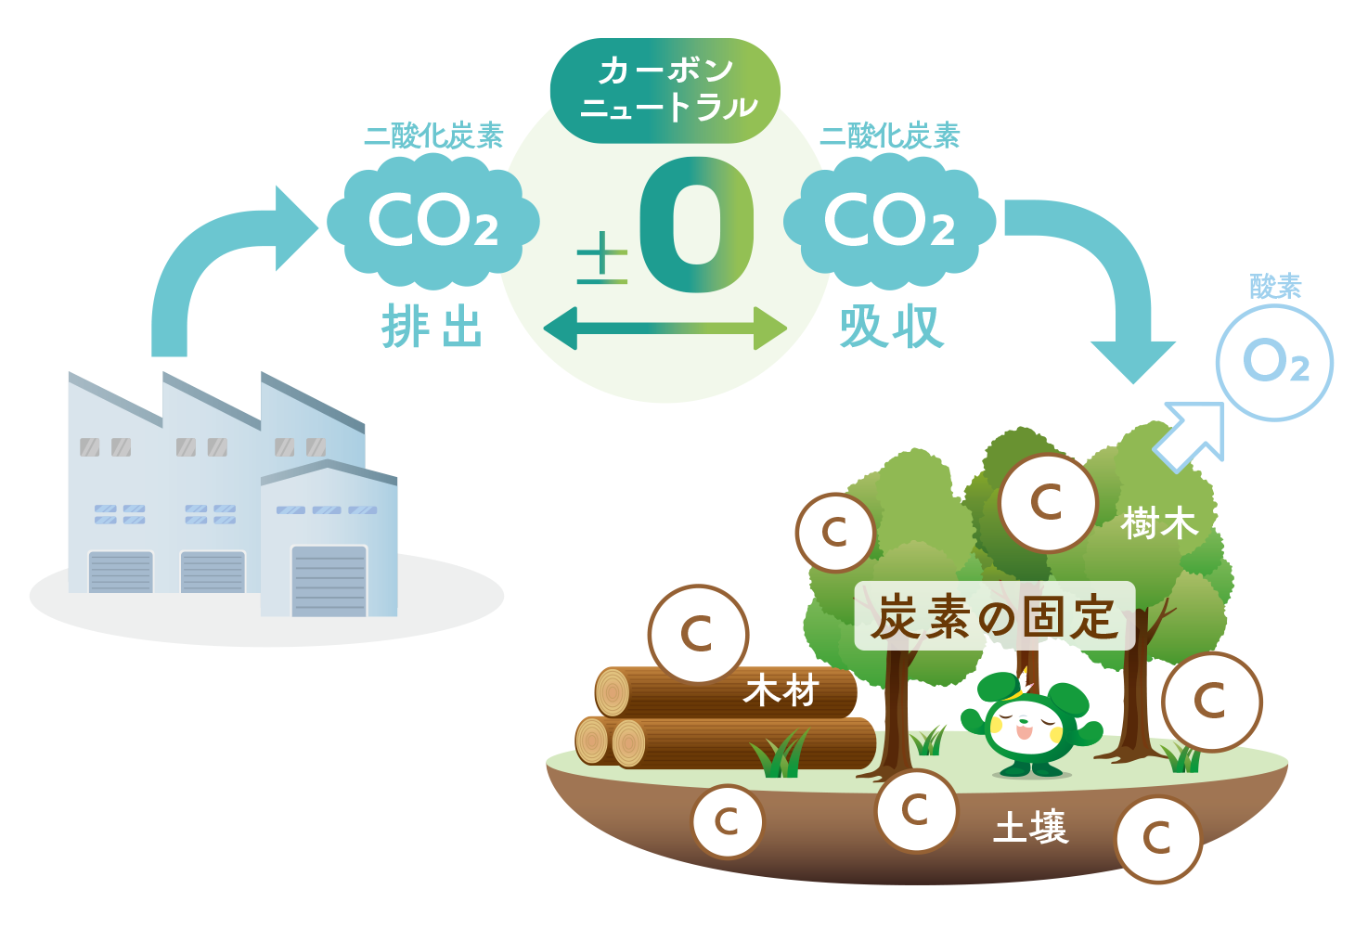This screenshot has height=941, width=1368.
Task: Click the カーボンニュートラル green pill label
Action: point(665,90)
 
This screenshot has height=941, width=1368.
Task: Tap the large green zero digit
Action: point(696,225)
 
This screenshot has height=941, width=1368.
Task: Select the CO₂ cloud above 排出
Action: point(432,222)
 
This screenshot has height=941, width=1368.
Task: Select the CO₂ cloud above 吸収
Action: point(889,222)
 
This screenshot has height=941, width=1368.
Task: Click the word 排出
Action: point(432,328)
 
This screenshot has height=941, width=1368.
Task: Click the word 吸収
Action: point(890,328)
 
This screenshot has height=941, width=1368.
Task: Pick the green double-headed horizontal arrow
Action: point(665,329)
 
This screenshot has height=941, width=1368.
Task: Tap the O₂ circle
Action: point(1274,362)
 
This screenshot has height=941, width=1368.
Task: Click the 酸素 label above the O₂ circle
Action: point(1275,287)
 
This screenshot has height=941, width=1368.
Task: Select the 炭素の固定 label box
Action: point(994,616)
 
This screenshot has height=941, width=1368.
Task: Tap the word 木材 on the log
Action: point(781,691)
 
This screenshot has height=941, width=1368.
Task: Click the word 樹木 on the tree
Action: point(1159,523)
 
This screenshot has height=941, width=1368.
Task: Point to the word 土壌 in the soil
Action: point(1031,827)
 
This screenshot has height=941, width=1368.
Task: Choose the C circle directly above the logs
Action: point(698,634)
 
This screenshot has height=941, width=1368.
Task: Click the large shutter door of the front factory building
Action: point(329,581)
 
